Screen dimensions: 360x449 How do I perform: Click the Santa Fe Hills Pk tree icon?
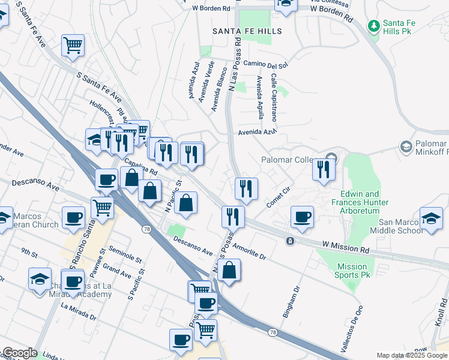(x=374, y=25)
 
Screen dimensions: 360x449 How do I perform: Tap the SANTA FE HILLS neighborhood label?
(x=247, y=30)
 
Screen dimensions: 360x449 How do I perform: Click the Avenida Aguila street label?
(x=259, y=98)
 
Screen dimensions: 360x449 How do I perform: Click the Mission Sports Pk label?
(x=352, y=271)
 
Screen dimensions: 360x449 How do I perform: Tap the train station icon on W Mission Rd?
(x=290, y=241)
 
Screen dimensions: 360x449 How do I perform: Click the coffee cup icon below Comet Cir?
(x=302, y=217)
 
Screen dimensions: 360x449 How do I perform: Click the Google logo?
(x=20, y=353)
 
